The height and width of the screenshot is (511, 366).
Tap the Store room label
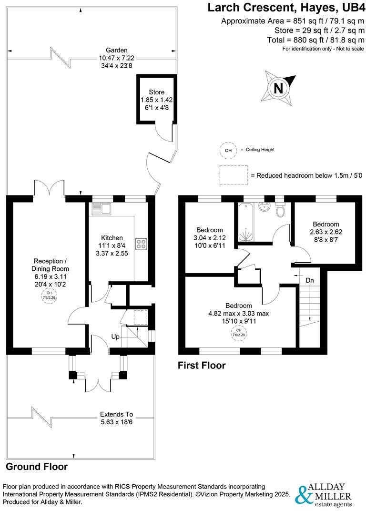(156, 92)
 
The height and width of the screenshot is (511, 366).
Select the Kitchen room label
(112, 238)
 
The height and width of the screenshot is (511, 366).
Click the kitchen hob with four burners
(142, 244)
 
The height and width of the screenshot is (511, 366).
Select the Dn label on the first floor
(310, 280)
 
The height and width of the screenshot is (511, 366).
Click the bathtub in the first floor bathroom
(246, 221)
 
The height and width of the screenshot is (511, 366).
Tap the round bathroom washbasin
(263, 207)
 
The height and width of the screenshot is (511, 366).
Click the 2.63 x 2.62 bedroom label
(326, 224)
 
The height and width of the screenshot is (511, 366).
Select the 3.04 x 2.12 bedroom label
(209, 230)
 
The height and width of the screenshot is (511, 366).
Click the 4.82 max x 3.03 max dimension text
(239, 313)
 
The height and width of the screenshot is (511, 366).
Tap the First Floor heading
(202, 366)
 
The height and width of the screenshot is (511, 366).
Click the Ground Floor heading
(37, 467)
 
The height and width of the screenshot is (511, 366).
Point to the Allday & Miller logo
(324, 495)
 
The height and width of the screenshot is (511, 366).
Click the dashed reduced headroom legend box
(234, 175)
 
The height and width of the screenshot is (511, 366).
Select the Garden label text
(117, 50)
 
